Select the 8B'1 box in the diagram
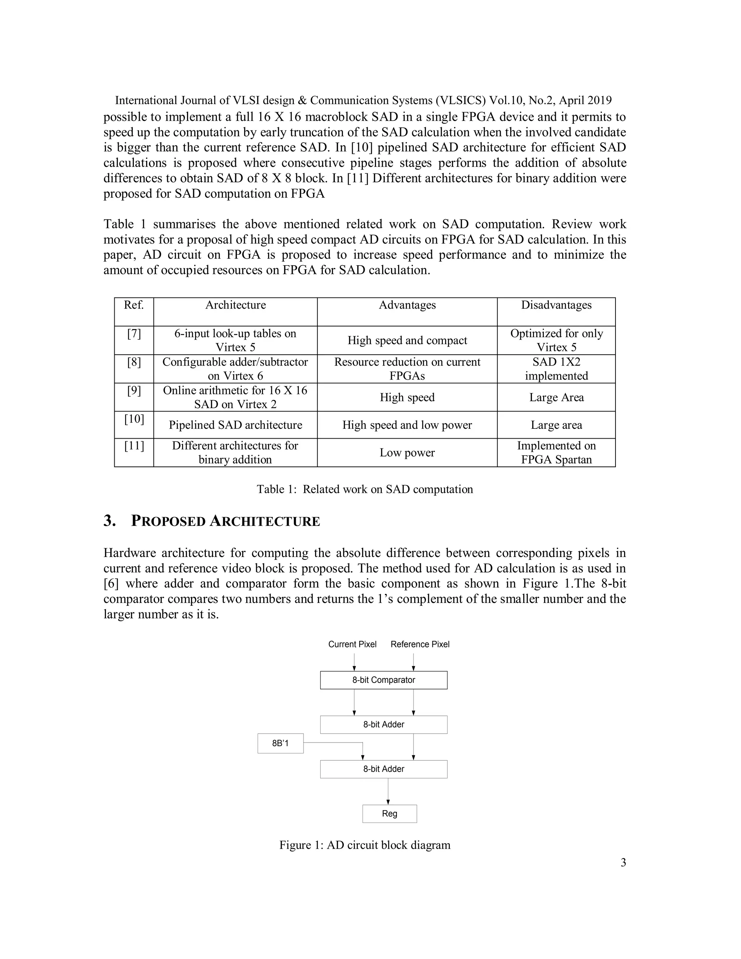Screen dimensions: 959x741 [x=280, y=743]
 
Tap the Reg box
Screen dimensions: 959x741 [x=389, y=814]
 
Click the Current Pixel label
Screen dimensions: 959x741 [x=352, y=644]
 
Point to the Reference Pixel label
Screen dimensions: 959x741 [x=420, y=644]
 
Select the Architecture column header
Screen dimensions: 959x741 [x=235, y=305]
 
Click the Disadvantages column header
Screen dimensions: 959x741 [x=556, y=305]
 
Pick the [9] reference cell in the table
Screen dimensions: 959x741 [x=134, y=391]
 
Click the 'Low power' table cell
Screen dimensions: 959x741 [x=407, y=453]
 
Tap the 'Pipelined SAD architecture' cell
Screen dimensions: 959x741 [x=235, y=425]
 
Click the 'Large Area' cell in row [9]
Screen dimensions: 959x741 [x=556, y=397]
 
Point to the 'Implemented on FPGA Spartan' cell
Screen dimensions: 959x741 [x=556, y=453]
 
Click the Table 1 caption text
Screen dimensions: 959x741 [x=364, y=489]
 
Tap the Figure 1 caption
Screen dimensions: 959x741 [x=364, y=845]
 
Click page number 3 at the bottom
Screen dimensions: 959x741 [x=623, y=863]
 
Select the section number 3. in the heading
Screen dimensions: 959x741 [x=110, y=521]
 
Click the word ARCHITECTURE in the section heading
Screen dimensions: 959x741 [x=265, y=521]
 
